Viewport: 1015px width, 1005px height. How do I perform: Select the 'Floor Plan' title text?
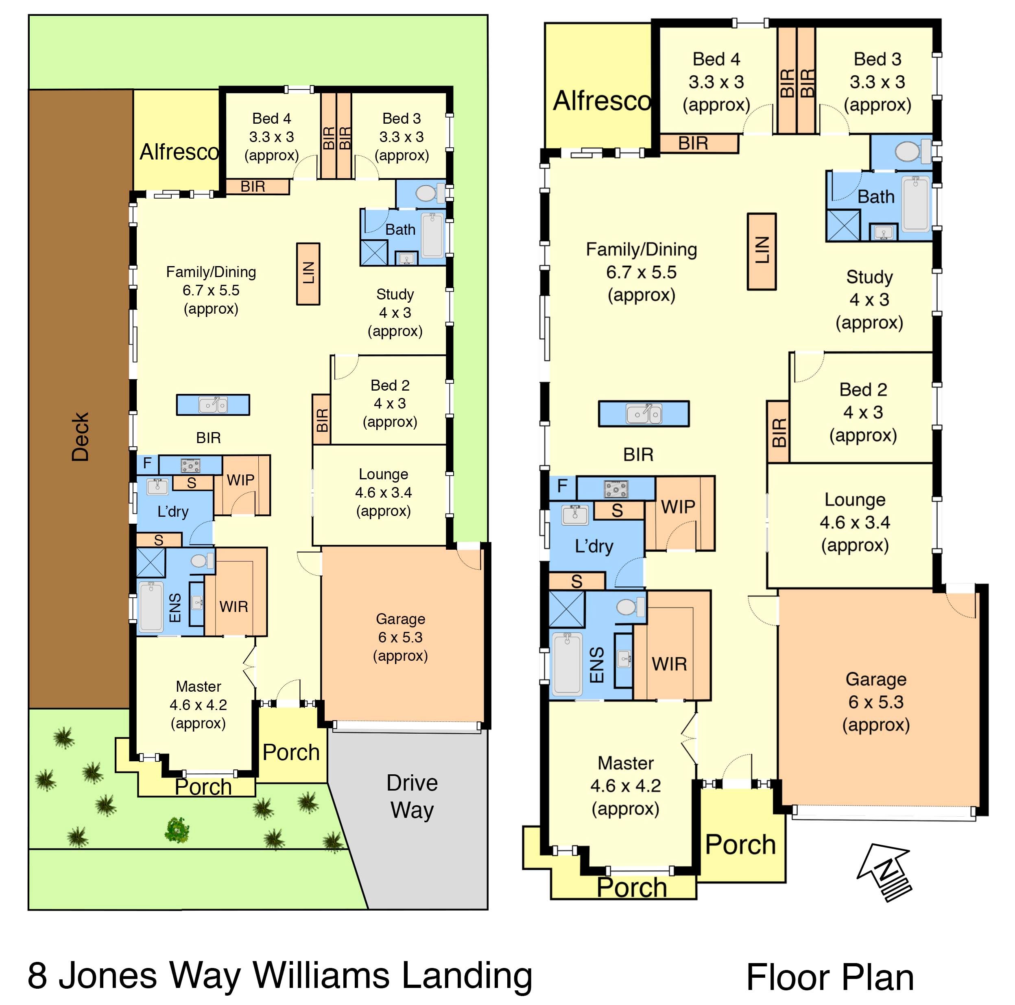coord(830,978)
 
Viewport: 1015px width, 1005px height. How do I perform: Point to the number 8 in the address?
coord(37,976)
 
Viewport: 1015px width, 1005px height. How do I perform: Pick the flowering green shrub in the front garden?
coord(177,830)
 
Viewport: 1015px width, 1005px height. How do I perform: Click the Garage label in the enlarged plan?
coord(876,679)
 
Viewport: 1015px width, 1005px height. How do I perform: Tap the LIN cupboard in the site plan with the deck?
coord(308,274)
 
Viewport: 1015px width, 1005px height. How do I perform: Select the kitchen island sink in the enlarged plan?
coord(644,414)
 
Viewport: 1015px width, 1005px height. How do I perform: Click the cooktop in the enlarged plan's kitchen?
coord(616,489)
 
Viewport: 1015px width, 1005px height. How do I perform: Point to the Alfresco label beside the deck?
coord(179,152)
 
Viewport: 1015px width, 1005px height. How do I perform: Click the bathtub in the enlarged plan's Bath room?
coord(916,204)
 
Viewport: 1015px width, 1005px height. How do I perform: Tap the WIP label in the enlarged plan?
coord(678,507)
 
